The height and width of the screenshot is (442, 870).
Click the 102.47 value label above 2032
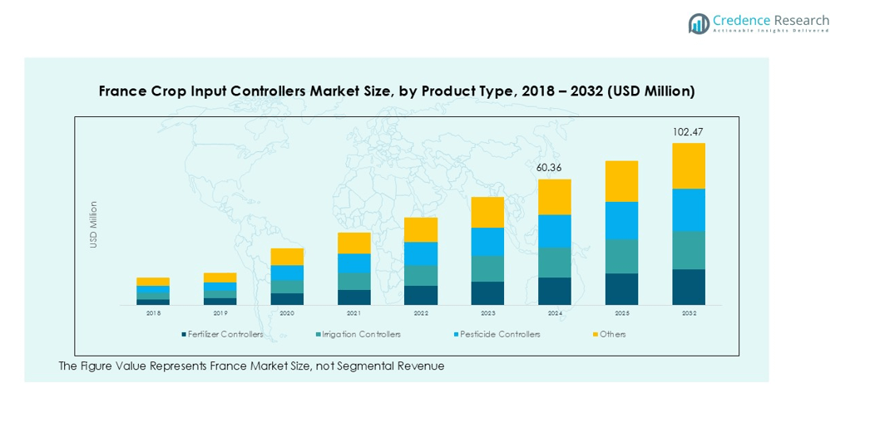tap(689, 132)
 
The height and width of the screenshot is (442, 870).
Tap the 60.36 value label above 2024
tap(555, 168)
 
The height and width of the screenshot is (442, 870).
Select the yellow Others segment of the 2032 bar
tap(689, 166)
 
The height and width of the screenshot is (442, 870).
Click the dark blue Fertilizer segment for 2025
tap(621, 289)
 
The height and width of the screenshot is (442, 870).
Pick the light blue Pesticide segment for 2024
tap(555, 231)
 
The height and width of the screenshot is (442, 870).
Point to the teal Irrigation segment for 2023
tap(487, 268)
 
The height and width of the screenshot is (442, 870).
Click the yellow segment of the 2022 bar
tap(421, 230)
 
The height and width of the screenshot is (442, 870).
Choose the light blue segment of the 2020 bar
tap(287, 273)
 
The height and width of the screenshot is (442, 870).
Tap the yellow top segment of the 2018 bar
tap(153, 282)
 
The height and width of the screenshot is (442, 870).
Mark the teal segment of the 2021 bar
tap(354, 282)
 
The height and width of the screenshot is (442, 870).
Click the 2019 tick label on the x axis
tap(220, 313)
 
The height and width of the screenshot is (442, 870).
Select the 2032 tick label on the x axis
tap(689, 313)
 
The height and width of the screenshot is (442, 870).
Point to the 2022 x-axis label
tap(421, 313)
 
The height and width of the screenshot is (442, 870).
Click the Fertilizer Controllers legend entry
tap(222, 334)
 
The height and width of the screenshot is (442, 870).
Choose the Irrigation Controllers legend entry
tap(359, 334)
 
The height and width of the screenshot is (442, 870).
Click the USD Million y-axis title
tap(94, 224)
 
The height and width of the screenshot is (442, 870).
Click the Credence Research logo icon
tap(699, 23)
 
